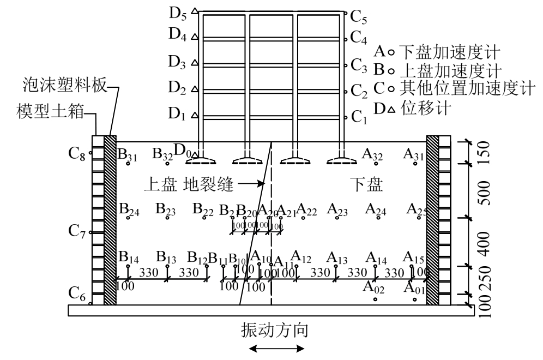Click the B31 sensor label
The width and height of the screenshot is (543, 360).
tap(128, 156)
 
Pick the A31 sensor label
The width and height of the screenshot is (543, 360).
tap(414, 155)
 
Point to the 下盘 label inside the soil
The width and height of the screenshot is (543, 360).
tap(366, 184)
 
